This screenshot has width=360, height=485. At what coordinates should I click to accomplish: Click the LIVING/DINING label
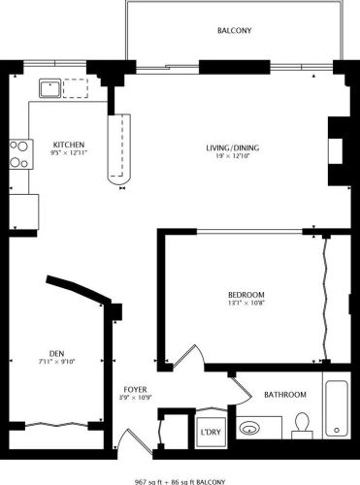[232, 147]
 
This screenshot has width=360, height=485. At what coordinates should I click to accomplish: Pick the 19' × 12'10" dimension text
[232, 157]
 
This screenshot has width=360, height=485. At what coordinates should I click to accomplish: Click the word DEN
[56, 353]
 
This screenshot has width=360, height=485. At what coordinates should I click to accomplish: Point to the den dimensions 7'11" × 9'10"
[56, 363]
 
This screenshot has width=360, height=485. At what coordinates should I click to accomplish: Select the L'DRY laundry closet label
[210, 433]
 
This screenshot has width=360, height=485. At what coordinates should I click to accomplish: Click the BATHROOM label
[285, 395]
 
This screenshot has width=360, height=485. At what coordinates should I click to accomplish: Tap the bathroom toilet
[302, 424]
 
